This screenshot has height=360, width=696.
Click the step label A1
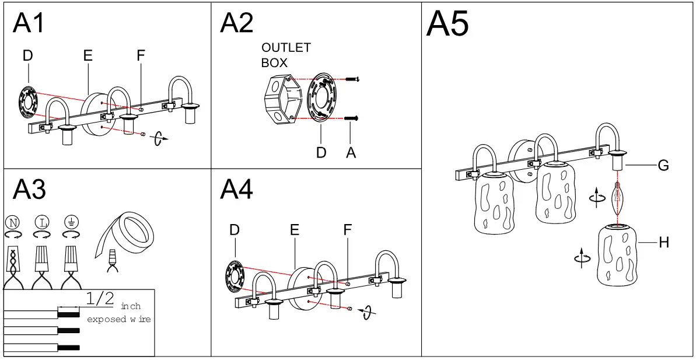coord(29,25)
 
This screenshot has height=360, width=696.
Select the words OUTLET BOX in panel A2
coord(286,55)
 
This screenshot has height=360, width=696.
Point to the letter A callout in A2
coord(351,152)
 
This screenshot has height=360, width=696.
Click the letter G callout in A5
coord(663,166)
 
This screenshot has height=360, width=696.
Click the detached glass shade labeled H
coord(617,257)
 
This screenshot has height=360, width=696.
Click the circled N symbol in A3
coord(12,222)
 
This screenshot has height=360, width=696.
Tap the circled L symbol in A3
coord(41,222)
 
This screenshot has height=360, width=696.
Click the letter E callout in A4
coord(295,230)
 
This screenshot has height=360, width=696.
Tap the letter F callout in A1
coord(140,55)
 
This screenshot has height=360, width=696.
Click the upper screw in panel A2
coord(352,79)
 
